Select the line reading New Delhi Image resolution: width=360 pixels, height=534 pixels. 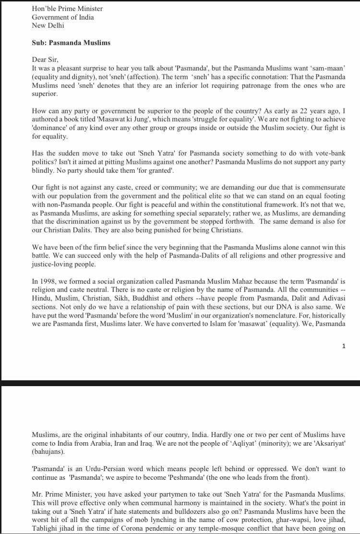pos(48,25)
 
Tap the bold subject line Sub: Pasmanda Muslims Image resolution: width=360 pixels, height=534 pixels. pos(71,43)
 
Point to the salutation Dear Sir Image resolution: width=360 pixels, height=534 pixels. pos(45,60)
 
